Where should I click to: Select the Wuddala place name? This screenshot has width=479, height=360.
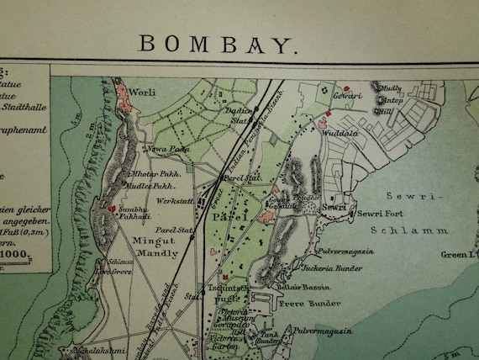(x=340, y=130)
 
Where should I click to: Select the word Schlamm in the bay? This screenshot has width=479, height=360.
(x=410, y=228)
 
